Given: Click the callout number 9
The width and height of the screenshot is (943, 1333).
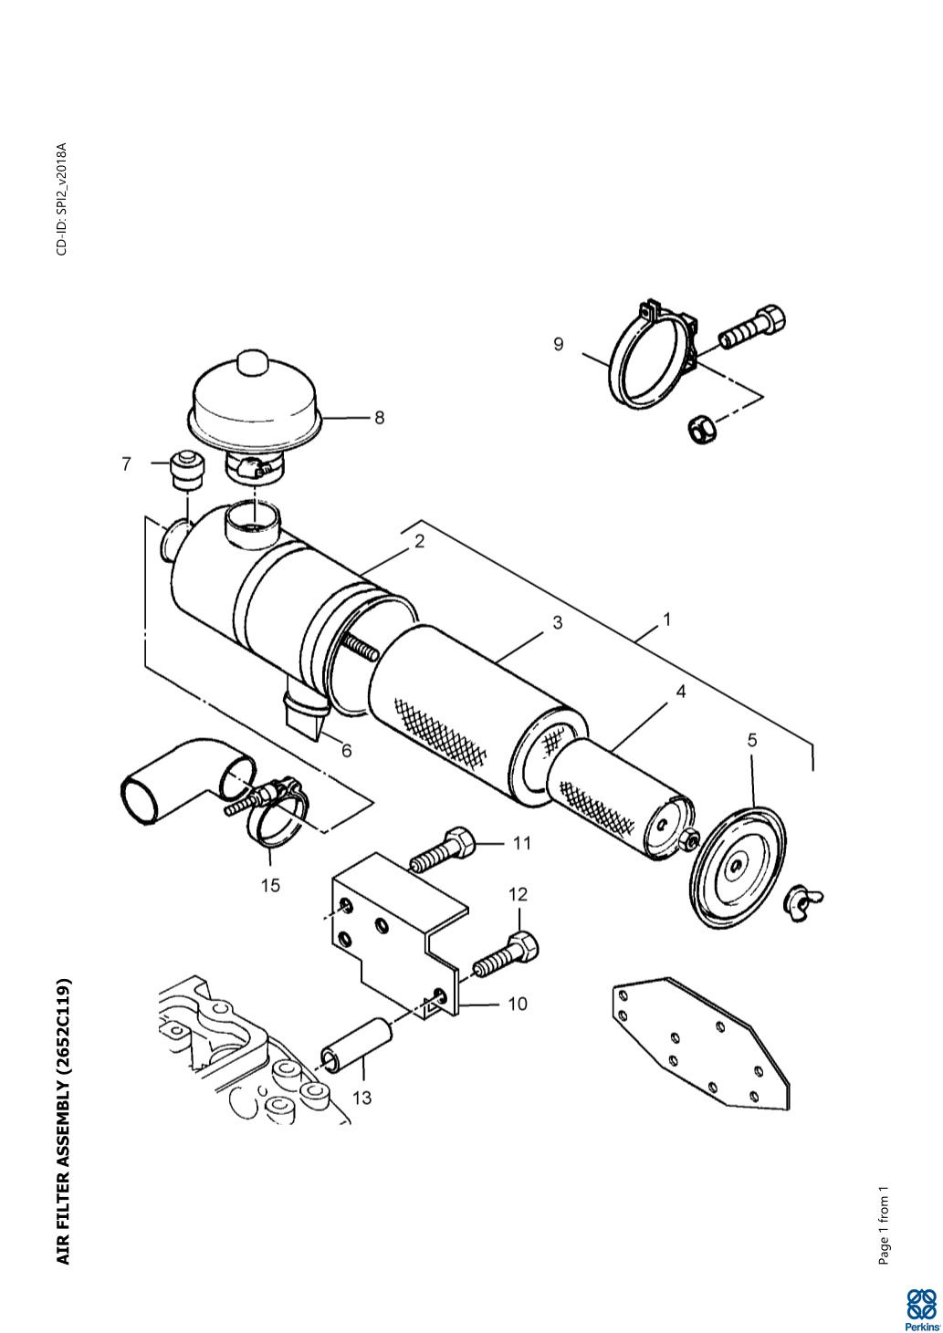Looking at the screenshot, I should pyautogui.click(x=559, y=344).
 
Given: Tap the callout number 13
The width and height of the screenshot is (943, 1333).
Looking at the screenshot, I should pyautogui.click(x=361, y=1098).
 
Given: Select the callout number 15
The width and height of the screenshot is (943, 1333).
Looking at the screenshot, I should pyautogui.click(x=270, y=885).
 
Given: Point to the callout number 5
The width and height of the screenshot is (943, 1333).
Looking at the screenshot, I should pyautogui.click(x=752, y=740).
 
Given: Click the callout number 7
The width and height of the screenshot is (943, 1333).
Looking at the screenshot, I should pyautogui.click(x=126, y=463).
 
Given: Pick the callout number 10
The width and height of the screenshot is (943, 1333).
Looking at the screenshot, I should pyautogui.click(x=517, y=1004).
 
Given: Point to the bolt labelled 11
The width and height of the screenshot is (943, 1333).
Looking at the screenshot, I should pyautogui.click(x=442, y=848).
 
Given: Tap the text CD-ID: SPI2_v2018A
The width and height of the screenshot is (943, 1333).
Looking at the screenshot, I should pyautogui.click(x=62, y=198).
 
